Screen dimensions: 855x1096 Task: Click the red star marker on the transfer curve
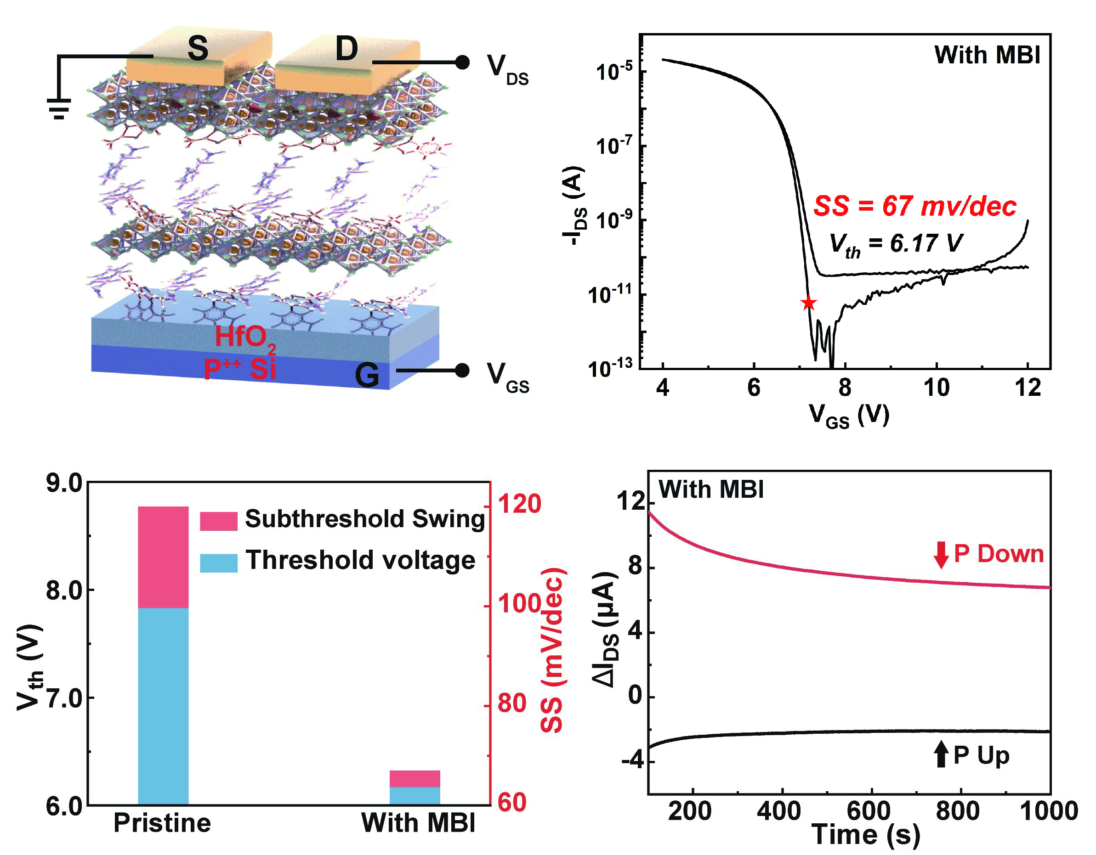click(808, 303)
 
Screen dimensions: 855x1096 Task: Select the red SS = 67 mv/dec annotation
click(914, 206)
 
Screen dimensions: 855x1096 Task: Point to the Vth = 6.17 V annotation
click(896, 244)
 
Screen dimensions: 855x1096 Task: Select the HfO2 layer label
click(245, 337)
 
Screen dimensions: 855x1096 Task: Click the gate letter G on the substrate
click(367, 376)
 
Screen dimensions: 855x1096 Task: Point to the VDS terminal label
click(507, 69)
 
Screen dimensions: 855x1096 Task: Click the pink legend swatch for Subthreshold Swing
click(218, 521)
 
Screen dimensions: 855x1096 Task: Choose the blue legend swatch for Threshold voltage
click(218, 562)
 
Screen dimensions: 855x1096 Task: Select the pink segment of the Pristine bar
click(163, 557)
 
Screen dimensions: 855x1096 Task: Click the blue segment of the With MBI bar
click(415, 795)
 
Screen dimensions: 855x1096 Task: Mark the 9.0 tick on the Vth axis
click(64, 483)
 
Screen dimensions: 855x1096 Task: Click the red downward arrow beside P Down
click(941, 555)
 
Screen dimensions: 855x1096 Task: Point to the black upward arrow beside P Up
click(941, 755)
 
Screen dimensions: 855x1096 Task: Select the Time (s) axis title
click(866, 835)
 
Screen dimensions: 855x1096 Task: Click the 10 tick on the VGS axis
click(937, 388)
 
